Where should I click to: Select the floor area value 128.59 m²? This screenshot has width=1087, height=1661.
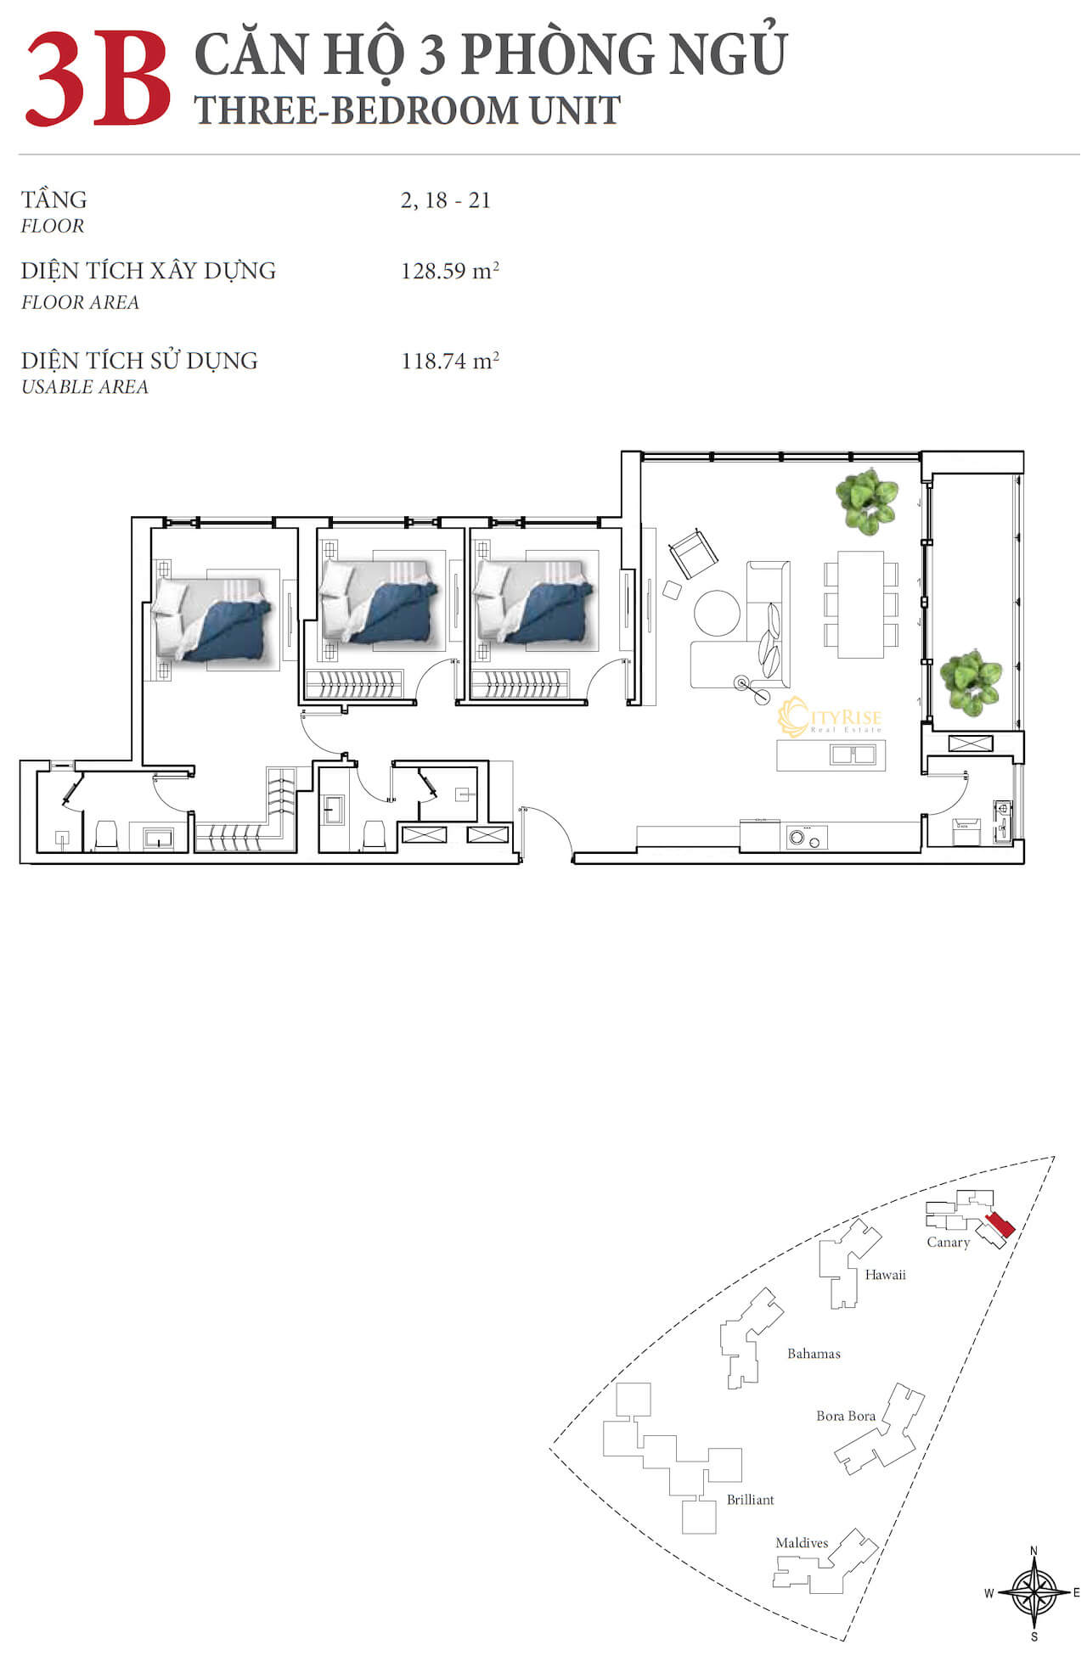[450, 271]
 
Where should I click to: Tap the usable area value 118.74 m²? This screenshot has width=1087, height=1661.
[450, 361]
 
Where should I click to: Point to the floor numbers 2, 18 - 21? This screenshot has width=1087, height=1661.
[446, 200]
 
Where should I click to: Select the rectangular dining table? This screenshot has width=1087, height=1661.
[861, 604]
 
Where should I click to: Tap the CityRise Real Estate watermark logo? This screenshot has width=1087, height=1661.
[830, 718]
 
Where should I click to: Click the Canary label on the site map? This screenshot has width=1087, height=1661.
[948, 1243]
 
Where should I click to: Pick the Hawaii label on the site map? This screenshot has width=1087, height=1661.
[885, 1275]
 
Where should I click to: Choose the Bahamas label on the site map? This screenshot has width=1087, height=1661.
[814, 1354]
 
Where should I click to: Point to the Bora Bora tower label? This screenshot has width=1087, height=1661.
[846, 1416]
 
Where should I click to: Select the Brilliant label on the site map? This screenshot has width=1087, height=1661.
[750, 1500]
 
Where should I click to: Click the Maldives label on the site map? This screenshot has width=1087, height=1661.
[802, 1543]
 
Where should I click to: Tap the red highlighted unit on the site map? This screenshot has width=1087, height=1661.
[1000, 1225]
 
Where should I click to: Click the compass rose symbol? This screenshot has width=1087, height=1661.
[1033, 1592]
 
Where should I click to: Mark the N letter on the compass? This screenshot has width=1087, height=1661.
[1033, 1551]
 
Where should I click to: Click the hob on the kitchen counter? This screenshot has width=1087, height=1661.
[806, 837]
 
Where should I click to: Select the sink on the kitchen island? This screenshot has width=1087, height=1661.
[853, 754]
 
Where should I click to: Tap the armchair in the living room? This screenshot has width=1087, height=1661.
[693, 554]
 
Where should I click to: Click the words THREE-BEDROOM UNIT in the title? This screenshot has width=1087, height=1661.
[408, 110]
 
